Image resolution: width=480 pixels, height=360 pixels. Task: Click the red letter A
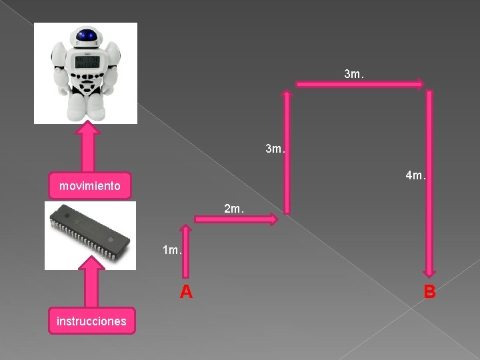[186, 291]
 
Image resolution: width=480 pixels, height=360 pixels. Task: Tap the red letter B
[429, 291]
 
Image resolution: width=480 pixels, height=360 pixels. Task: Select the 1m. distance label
[172, 251]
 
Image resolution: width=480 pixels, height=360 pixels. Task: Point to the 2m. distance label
[233, 209]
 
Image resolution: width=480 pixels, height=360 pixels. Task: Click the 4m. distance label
[415, 177]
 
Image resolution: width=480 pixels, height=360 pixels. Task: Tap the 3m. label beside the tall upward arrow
[275, 148]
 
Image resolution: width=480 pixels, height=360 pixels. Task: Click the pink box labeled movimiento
[90, 186]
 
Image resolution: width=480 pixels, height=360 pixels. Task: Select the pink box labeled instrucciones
[91, 321]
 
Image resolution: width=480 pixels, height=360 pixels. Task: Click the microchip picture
[90, 235]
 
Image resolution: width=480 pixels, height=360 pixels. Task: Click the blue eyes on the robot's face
[85, 36]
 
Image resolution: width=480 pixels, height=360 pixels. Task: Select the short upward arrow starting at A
[185, 250]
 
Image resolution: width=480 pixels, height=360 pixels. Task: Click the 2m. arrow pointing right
[235, 219]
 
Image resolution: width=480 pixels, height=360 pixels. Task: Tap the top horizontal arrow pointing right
[360, 84]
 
